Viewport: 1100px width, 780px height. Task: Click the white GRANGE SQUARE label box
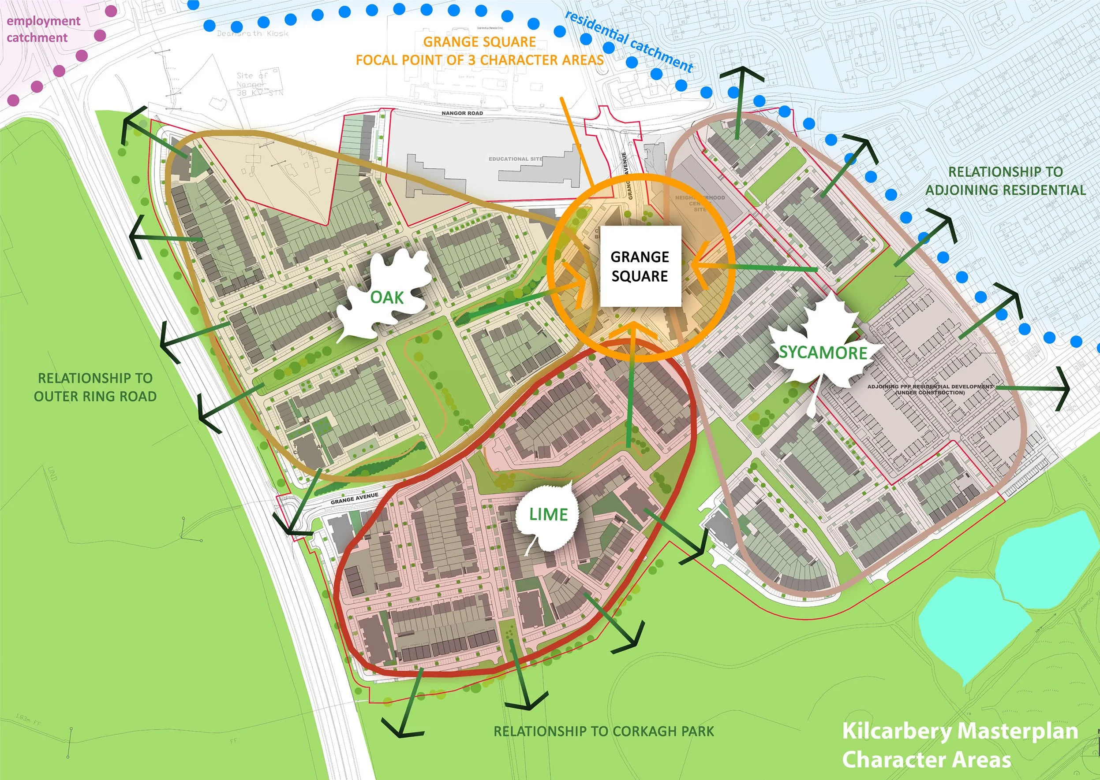pyautogui.click(x=640, y=266)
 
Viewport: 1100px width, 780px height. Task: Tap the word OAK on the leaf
pyautogui.click(x=386, y=297)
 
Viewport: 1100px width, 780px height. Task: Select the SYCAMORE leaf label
pyautogui.click(x=823, y=353)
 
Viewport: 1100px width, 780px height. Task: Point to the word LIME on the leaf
pyautogui.click(x=548, y=514)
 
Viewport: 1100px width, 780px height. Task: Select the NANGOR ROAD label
pyautogui.click(x=462, y=113)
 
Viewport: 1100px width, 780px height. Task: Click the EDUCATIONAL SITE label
pyautogui.click(x=515, y=159)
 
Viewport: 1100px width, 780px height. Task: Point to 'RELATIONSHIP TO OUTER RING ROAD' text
pyautogui.click(x=95, y=387)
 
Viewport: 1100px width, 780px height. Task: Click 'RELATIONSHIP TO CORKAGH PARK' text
pyautogui.click(x=603, y=731)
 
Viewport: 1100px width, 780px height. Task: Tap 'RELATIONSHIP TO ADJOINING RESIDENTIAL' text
pyautogui.click(x=1005, y=181)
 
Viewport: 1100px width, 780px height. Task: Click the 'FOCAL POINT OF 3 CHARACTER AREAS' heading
pyautogui.click(x=479, y=59)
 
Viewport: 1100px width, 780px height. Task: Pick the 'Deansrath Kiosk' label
pyautogui.click(x=252, y=33)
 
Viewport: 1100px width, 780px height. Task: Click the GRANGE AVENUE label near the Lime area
pyautogui.click(x=354, y=498)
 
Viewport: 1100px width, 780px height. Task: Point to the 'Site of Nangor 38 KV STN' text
pyautogui.click(x=260, y=84)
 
